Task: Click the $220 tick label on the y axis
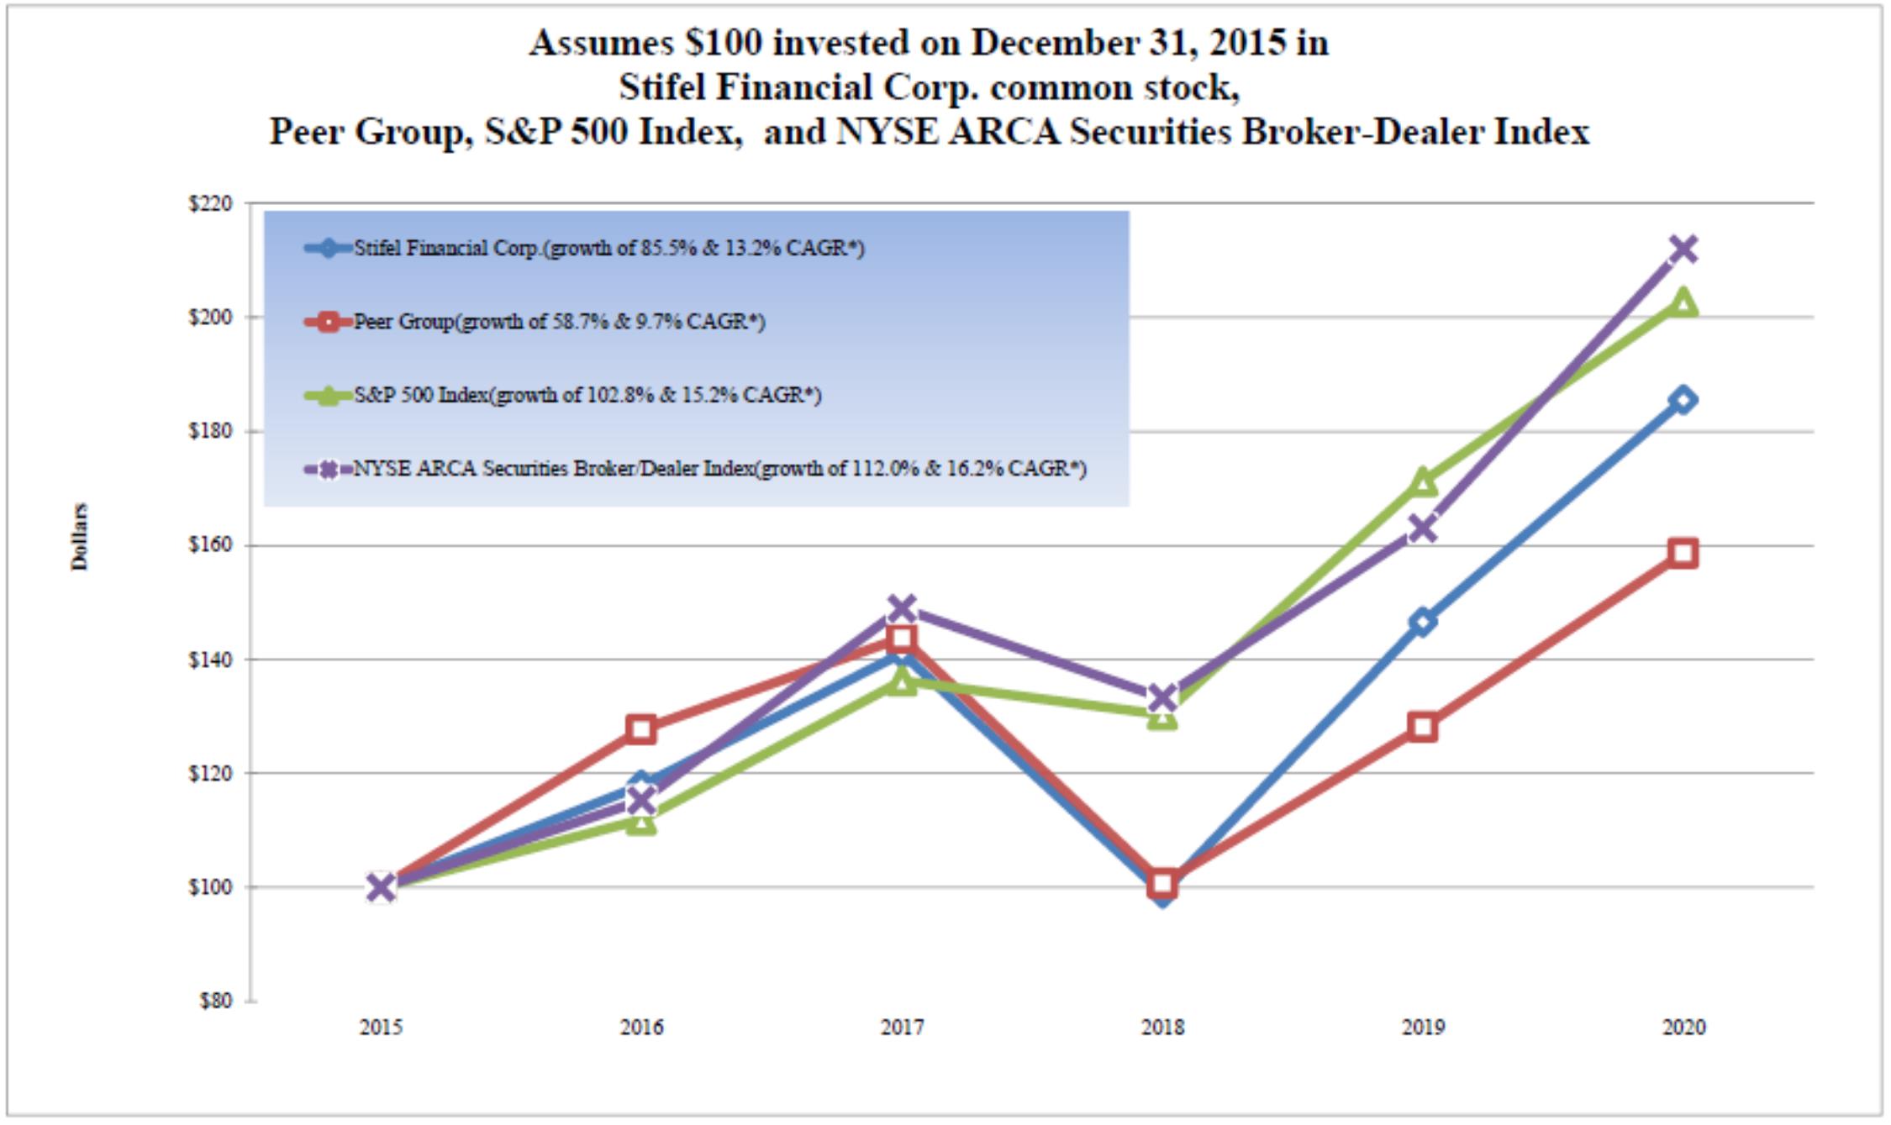[210, 204]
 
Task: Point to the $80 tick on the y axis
[216, 1001]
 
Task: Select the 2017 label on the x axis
[902, 1027]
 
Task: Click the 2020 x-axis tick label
[1683, 1027]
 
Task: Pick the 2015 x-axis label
[381, 1027]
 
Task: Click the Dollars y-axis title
[80, 537]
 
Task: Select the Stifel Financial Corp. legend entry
[585, 248]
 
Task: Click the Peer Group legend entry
[535, 322]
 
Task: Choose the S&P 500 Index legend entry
[563, 395]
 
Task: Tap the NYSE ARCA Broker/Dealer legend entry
[696, 469]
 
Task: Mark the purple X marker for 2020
[1683, 250]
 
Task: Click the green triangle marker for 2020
[1683, 302]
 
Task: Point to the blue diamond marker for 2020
[1683, 400]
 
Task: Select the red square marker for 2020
[1683, 553]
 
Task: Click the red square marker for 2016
[641, 728]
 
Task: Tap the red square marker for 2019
[1423, 727]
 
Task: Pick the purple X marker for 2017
[902, 607]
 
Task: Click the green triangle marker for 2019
[1423, 482]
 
